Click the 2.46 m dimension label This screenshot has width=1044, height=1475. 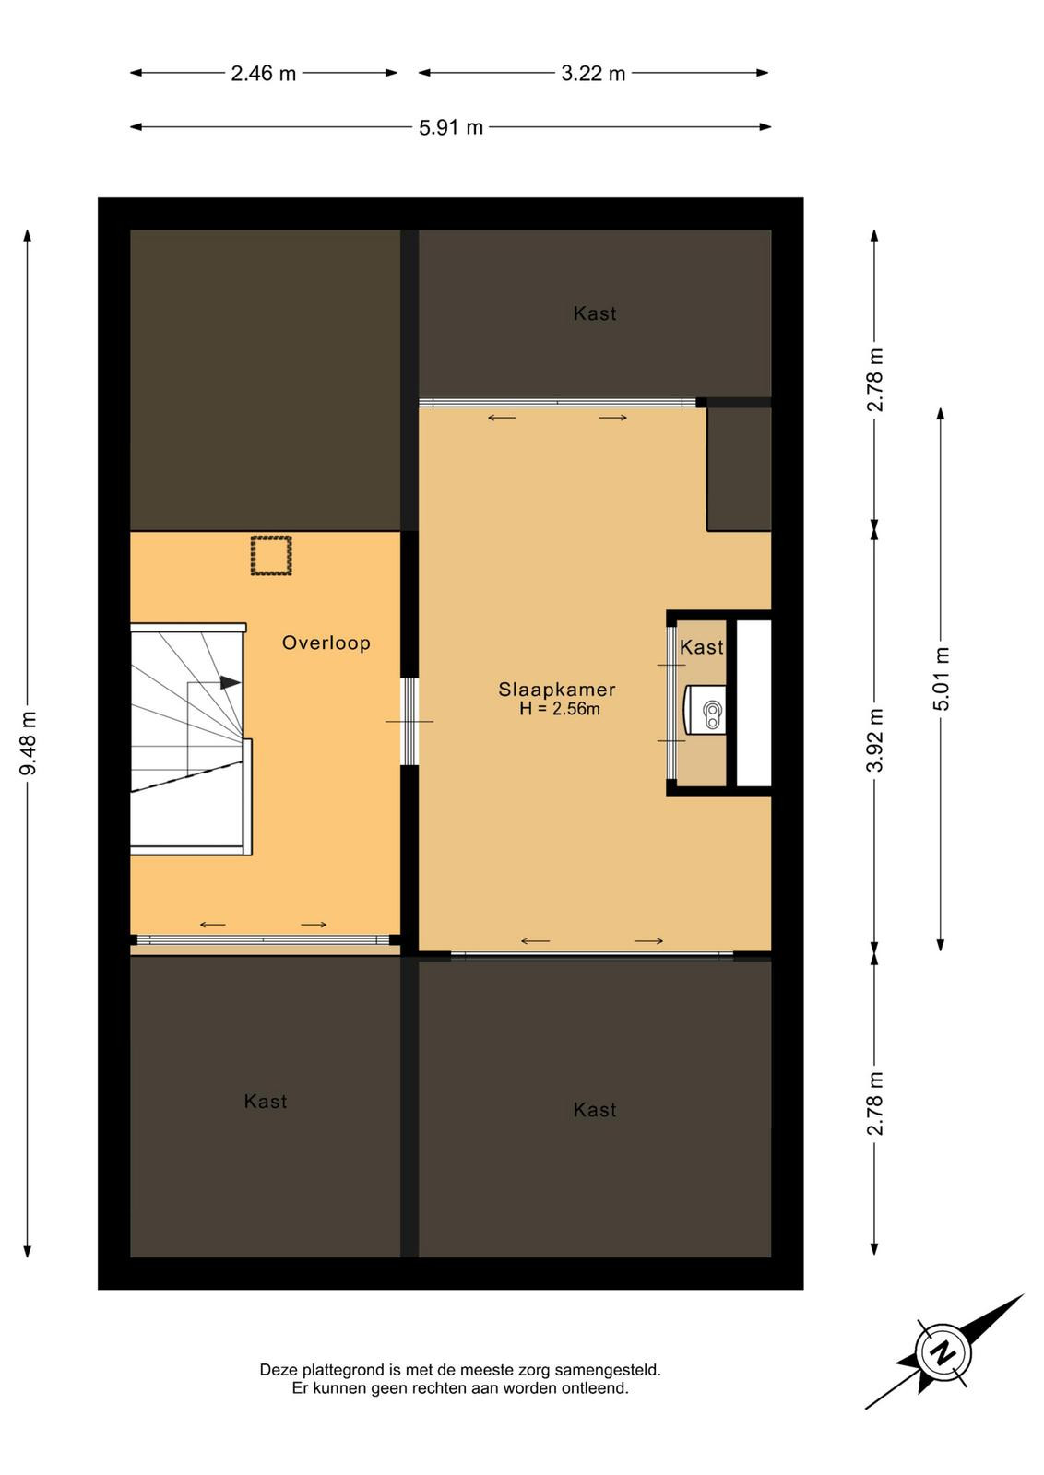263,73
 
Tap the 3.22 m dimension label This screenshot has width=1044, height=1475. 593,73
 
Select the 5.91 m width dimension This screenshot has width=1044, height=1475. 451,127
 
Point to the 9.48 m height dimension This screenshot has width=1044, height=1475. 29,743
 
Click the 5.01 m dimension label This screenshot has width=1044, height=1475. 942,678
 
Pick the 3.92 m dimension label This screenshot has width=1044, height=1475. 874,740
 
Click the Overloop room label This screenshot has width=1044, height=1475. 326,643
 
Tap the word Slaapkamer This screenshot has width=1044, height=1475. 556,690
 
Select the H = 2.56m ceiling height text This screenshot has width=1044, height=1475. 559,709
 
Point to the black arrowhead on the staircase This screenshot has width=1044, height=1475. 230,682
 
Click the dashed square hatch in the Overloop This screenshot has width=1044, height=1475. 271,556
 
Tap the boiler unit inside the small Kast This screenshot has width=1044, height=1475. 706,710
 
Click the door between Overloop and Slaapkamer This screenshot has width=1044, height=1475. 409,721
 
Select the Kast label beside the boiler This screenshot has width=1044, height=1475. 702,647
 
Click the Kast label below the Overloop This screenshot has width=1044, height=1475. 266,1102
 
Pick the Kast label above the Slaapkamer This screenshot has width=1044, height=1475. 595,313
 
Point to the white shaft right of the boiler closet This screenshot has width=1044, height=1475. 753,703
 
